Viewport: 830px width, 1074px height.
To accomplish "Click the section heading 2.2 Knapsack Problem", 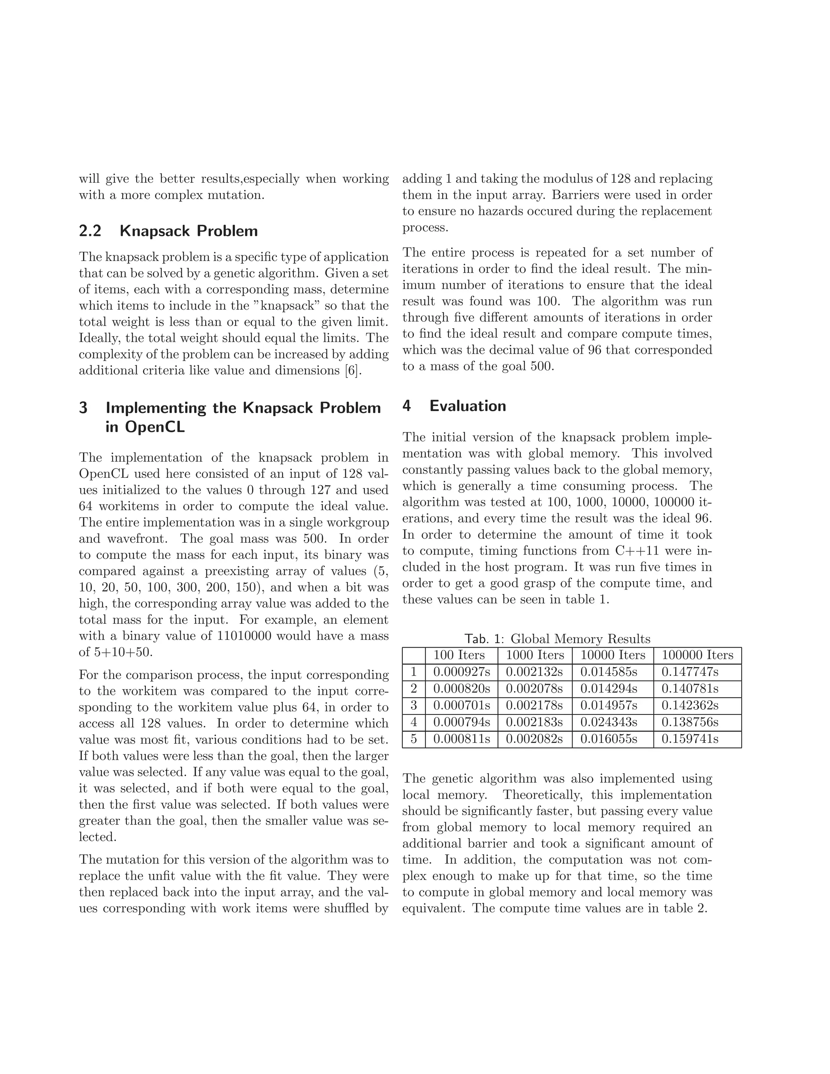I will (x=168, y=231).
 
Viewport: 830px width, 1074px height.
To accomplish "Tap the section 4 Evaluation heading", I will (x=454, y=406).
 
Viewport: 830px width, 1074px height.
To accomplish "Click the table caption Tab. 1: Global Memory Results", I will (x=557, y=639).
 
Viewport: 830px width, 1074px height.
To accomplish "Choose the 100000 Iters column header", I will (x=697, y=655).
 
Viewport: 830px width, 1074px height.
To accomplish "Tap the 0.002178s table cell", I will (x=534, y=706).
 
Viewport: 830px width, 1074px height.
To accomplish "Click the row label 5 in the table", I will (x=413, y=740).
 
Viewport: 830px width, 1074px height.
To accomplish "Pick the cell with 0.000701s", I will (x=461, y=706).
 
